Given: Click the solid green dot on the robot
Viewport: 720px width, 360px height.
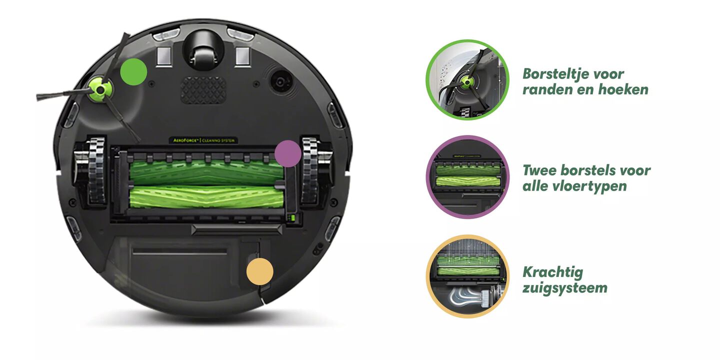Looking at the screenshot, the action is click(x=133, y=72).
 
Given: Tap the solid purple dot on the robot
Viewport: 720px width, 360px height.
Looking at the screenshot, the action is click(x=288, y=153).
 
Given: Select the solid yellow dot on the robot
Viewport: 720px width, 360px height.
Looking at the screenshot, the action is click(x=260, y=271).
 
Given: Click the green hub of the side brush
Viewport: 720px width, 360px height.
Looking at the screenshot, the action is click(x=100, y=90).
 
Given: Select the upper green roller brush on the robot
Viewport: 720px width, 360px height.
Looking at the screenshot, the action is click(x=206, y=172).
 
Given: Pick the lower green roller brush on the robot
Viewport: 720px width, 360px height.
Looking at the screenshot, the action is click(x=206, y=197).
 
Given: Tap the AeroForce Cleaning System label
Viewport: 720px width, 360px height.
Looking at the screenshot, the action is click(x=203, y=140).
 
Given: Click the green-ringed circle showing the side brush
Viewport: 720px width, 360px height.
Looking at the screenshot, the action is click(x=467, y=79).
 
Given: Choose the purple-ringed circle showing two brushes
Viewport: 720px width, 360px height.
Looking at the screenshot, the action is click(x=467, y=177).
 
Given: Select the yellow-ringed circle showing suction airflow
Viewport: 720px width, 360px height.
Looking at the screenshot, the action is click(x=467, y=276).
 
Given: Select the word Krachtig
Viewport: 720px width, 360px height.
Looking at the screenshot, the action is click(x=553, y=272).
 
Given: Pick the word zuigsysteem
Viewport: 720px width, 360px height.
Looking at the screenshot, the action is click(x=565, y=288).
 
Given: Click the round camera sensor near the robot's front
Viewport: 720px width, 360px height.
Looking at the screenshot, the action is click(x=281, y=81).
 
